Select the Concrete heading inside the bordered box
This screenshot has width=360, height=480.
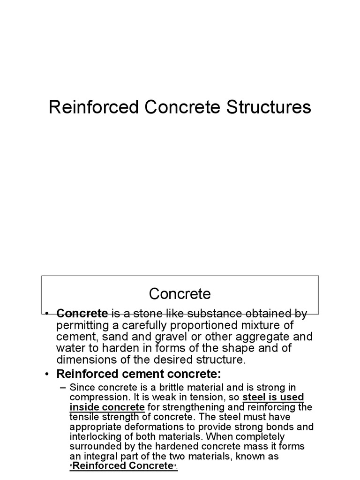[x=180, y=294]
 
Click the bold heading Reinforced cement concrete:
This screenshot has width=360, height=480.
[x=138, y=375]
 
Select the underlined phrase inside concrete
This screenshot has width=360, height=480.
[x=107, y=406]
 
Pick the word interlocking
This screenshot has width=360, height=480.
[x=95, y=436]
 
